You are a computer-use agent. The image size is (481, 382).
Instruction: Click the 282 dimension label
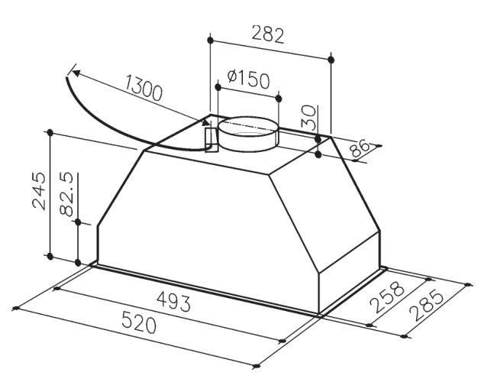(268, 35)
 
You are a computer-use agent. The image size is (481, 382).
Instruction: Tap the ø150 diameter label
(249, 79)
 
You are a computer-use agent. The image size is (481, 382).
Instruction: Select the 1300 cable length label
(144, 88)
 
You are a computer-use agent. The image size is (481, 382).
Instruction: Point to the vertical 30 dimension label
(308, 117)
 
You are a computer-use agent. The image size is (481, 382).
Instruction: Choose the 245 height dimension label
(39, 191)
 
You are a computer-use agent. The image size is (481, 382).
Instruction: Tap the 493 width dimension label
(173, 301)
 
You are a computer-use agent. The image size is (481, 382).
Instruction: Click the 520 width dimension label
(139, 322)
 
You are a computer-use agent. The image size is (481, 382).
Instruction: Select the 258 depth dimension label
(387, 296)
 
